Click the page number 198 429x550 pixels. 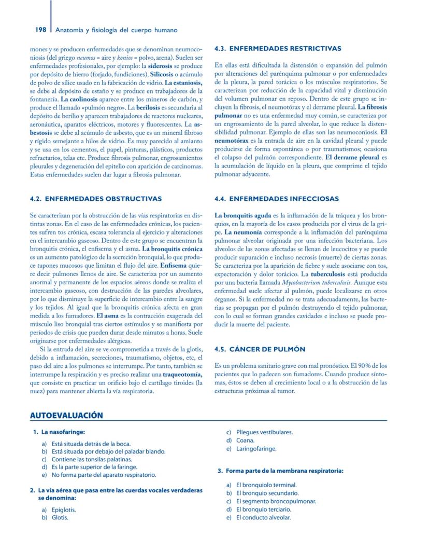41,30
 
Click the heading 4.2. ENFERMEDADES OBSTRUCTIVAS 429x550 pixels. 96,199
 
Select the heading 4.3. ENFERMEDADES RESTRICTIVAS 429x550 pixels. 278,49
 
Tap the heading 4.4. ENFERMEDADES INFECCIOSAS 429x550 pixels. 277,199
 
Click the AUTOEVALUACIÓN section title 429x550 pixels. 66,415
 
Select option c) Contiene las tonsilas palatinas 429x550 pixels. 90,459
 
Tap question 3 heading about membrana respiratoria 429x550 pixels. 284,471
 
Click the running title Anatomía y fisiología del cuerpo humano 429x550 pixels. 117,30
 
